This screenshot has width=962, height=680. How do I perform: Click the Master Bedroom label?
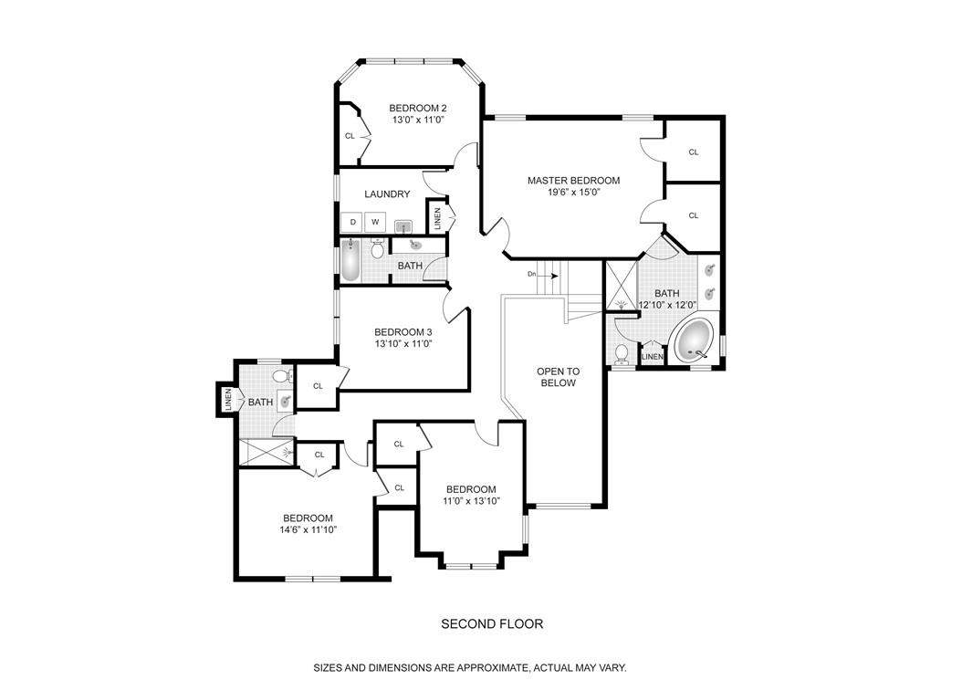(x=573, y=181)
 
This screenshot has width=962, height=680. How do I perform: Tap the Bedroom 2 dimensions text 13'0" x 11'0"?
(x=417, y=120)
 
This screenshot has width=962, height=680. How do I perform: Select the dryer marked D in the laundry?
(x=352, y=222)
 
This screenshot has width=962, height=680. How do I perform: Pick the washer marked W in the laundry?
(x=374, y=222)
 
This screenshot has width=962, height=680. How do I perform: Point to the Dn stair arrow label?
(x=532, y=274)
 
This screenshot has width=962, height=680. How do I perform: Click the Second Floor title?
(x=492, y=624)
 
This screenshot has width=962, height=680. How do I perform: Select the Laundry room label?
(x=387, y=194)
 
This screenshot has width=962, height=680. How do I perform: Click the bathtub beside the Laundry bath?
(x=350, y=259)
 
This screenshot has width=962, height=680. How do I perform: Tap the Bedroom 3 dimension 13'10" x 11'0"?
(x=403, y=344)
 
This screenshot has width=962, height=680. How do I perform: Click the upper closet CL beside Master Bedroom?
(x=693, y=152)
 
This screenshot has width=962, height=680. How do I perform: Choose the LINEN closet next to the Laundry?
(x=438, y=217)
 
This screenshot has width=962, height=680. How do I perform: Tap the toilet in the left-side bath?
(x=284, y=376)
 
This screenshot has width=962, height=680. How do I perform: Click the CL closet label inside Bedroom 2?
(x=350, y=136)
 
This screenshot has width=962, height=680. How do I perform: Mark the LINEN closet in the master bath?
(x=652, y=356)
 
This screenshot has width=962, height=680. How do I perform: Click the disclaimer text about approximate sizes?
(x=470, y=667)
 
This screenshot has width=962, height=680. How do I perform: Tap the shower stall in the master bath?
(x=621, y=285)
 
